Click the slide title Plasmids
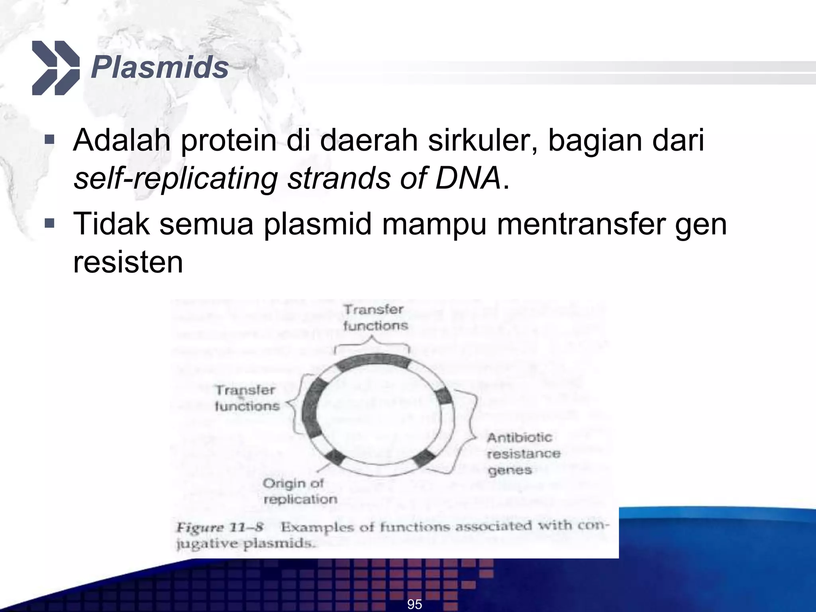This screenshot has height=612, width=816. click(x=159, y=68)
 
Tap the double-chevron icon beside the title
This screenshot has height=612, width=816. click(x=55, y=68)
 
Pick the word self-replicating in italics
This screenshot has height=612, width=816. click(x=175, y=178)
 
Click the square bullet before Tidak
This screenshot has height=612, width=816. click(x=49, y=223)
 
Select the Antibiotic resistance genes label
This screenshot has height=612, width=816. click(x=523, y=454)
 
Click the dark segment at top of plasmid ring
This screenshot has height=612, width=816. click(x=373, y=360)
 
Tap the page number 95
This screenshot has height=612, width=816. click(x=414, y=604)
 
